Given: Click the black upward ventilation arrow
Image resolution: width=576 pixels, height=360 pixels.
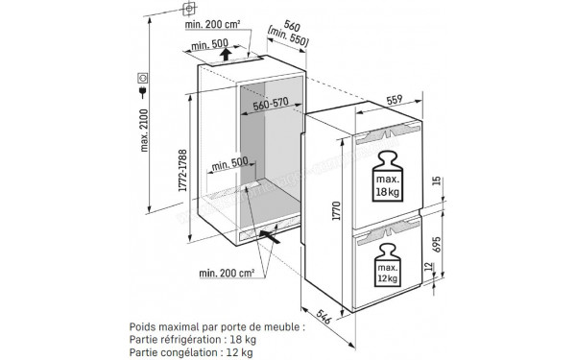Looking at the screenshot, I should point(223,56).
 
